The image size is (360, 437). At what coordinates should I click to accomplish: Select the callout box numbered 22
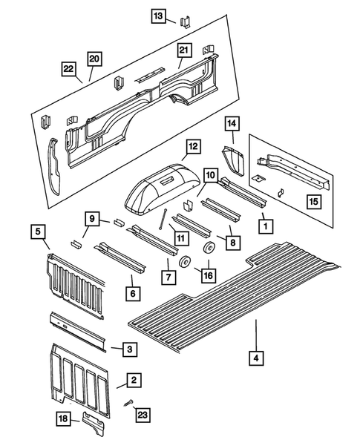pos(68,70)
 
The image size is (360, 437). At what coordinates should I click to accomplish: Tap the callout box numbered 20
pos(94,59)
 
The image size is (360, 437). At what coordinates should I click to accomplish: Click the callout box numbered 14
pos(231,123)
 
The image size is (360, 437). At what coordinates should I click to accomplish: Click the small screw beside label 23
pos(127,404)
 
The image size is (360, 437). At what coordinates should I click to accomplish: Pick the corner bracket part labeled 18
pos(97,421)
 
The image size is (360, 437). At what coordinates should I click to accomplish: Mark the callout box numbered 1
pos(263,222)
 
